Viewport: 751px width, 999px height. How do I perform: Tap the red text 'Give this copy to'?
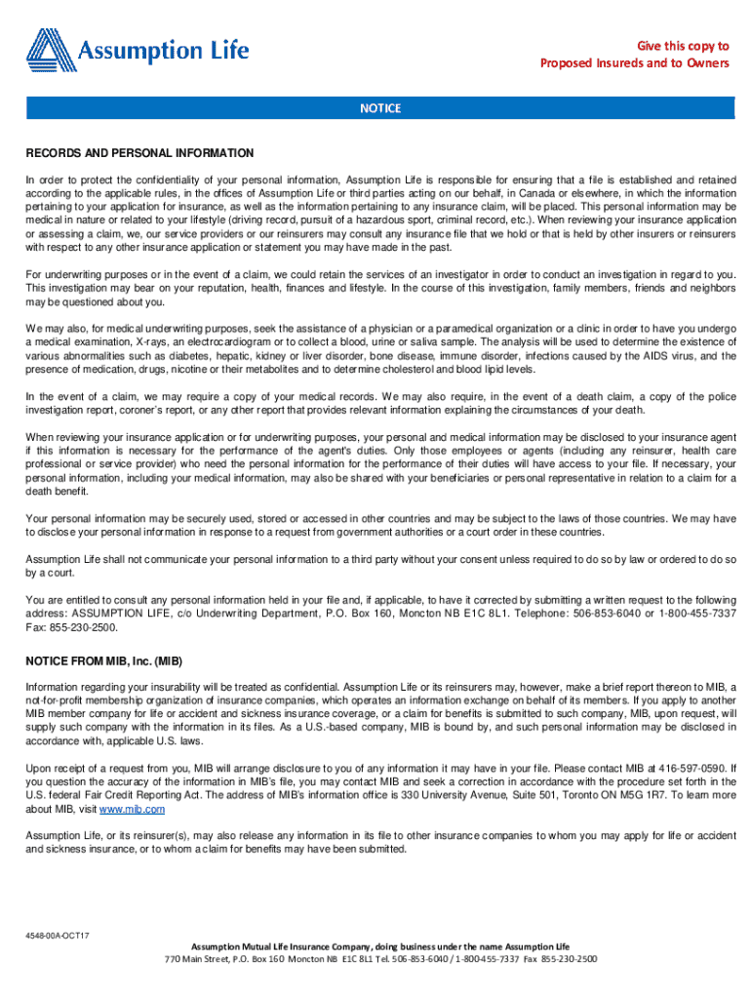(683, 46)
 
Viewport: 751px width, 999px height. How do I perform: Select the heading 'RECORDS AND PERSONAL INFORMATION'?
(139, 154)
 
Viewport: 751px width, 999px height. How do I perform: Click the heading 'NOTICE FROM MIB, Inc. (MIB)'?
(103, 660)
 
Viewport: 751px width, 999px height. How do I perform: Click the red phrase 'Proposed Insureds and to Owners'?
(635, 63)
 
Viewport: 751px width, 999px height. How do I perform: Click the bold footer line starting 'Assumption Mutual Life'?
(380, 946)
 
